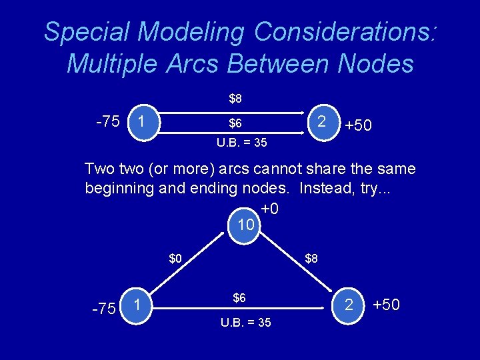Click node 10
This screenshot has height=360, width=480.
point(246,225)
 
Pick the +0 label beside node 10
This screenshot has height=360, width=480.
point(270,209)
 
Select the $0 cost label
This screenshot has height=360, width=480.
point(175,258)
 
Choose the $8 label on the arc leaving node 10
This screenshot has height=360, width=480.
point(311,258)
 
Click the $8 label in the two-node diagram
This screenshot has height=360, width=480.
point(235,99)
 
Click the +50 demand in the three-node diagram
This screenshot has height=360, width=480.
point(387,305)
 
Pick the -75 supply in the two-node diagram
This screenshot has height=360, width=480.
point(107,122)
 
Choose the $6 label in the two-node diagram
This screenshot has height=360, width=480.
point(235,123)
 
